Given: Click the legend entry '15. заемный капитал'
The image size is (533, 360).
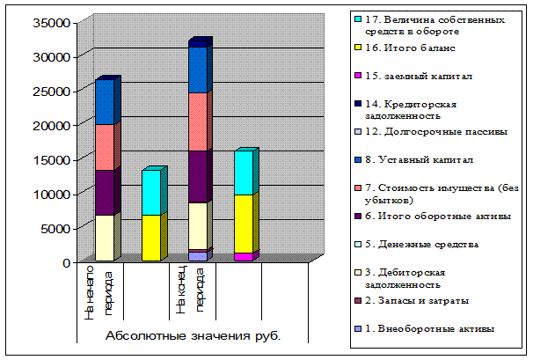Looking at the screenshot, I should coord(414,77).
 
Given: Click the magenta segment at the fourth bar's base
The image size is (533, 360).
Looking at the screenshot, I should coord(245,257).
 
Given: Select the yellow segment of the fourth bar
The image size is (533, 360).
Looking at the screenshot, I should coord(245,223).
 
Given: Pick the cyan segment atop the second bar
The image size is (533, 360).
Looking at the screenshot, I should coord(151,192).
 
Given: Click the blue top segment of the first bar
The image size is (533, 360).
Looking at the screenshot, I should coord(105,102).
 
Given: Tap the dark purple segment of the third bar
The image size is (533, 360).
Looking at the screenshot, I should coord(200,176).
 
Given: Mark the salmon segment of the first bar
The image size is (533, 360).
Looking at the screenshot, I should coord(105,147).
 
